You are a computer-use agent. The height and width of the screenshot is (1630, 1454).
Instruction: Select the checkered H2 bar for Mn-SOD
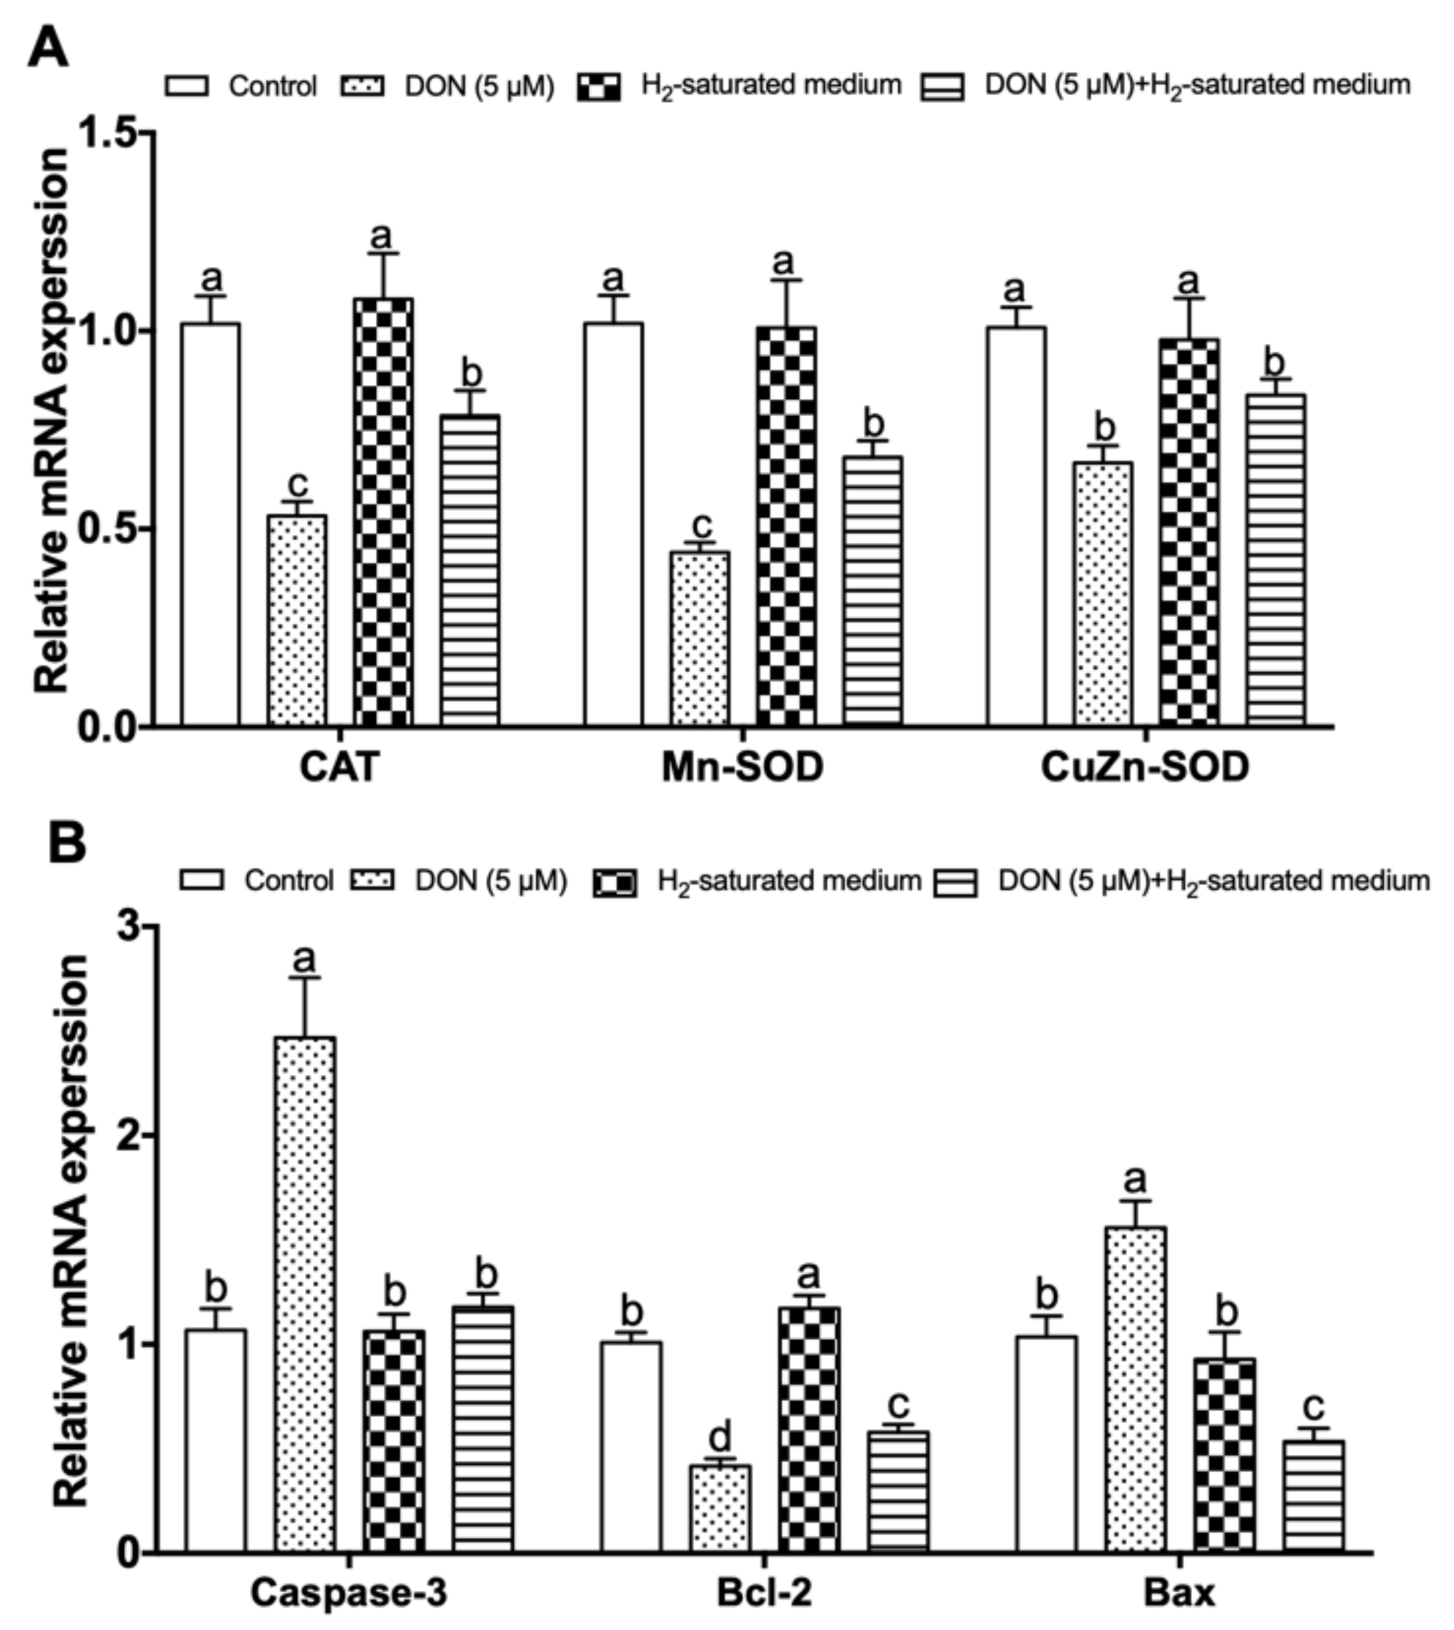pyautogui.click(x=787, y=527)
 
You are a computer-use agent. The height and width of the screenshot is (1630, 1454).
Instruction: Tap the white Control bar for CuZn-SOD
pyautogui.click(x=1016, y=527)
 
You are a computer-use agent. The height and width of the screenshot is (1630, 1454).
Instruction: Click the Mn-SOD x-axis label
pyautogui.click(x=742, y=768)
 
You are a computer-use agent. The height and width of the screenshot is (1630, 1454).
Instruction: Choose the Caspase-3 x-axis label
pyautogui.click(x=349, y=1592)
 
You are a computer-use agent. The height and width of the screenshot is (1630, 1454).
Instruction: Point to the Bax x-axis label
pyautogui.click(x=1180, y=1592)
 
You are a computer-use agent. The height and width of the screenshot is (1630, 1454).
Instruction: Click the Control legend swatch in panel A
pyautogui.click(x=187, y=85)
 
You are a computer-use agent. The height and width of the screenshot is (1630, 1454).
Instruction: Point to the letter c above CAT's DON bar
pyautogui.click(x=297, y=484)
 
